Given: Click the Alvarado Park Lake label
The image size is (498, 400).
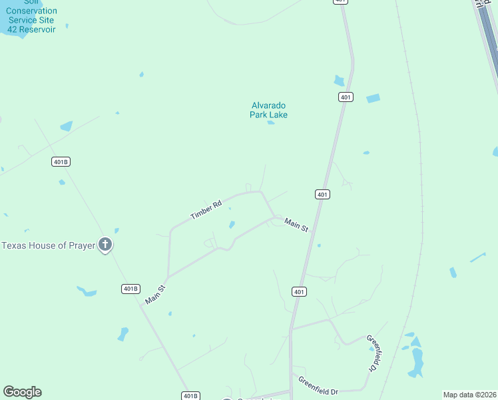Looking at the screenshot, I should [269, 110].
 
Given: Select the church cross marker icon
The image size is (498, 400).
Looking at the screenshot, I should [105, 245].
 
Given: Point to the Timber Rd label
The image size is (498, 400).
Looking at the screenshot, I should [206, 210].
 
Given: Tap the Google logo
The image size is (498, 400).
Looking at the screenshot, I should [22, 392].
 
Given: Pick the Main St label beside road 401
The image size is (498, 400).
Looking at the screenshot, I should [296, 225].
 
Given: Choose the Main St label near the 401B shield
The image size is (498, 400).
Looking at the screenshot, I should [154, 295].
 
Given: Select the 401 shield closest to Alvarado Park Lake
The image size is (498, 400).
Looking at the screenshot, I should [345, 97].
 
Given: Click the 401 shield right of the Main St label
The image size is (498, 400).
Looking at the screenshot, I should [322, 194].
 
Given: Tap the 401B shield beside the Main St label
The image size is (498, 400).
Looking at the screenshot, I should [131, 289].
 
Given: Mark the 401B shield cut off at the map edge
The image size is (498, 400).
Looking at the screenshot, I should [190, 396].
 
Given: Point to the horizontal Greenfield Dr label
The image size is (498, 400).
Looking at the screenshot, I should [318, 385].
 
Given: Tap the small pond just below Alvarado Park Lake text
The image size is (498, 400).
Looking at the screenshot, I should [270, 123].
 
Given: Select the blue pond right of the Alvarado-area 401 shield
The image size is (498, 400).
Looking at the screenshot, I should [373, 99].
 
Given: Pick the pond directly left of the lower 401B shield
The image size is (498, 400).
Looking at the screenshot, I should [87, 291].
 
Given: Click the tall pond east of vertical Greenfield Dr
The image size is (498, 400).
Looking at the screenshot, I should [417, 361].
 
